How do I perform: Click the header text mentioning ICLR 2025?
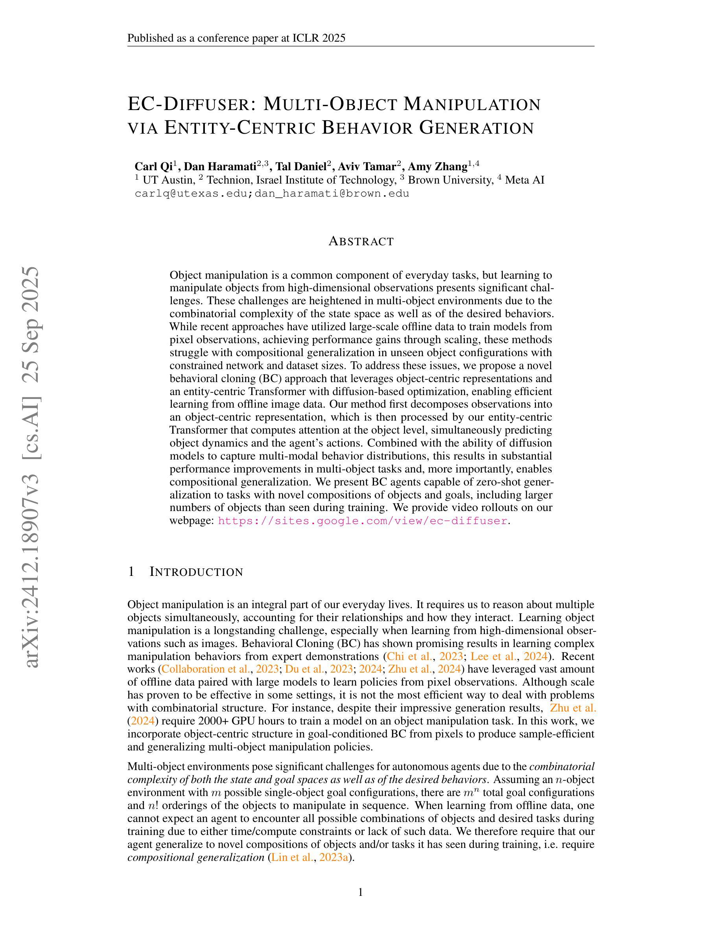click(236, 39)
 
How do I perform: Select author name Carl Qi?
click(153, 166)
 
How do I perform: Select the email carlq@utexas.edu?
click(191, 194)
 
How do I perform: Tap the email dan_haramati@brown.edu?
click(332, 194)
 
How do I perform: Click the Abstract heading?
click(361, 242)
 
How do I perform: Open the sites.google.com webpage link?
click(363, 521)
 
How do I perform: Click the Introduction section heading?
click(196, 572)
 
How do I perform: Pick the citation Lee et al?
click(496, 656)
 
